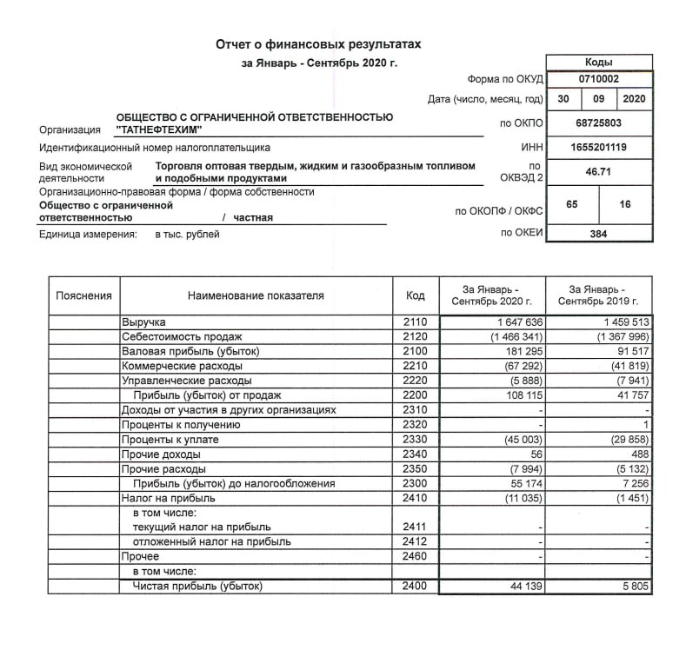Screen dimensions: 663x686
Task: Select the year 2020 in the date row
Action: click(634, 99)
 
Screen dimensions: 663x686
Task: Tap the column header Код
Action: click(416, 295)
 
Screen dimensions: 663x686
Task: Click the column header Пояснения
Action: click(83, 295)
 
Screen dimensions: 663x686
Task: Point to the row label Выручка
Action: click(143, 322)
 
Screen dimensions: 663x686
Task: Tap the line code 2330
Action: click(416, 440)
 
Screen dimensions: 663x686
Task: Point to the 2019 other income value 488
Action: click(639, 454)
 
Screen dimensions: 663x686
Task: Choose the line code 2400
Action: click(416, 587)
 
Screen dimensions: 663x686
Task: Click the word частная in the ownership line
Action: click(252, 218)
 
